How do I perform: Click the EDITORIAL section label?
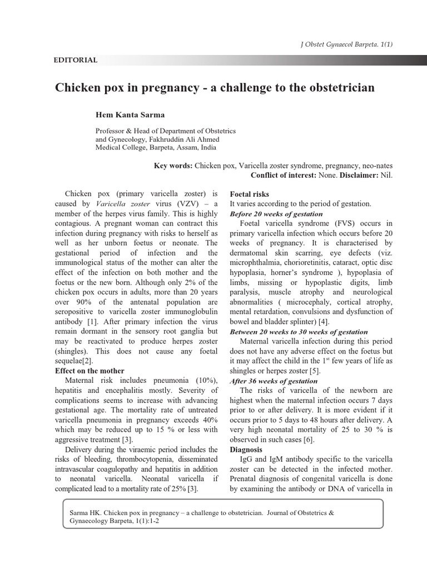click(x=76, y=60)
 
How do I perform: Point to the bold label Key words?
click(x=173, y=166)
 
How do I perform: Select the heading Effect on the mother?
click(x=90, y=371)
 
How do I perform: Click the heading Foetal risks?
click(x=250, y=194)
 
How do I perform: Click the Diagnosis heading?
click(x=246, y=449)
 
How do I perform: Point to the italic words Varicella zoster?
click(x=120, y=204)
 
